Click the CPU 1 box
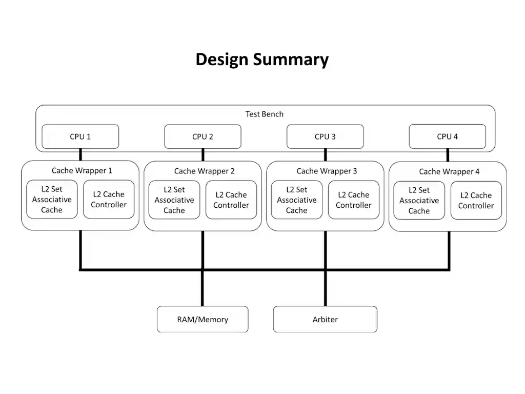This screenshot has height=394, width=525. coord(80,136)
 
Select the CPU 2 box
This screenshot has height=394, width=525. coord(203,136)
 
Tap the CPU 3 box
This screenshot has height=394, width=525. coord(325,136)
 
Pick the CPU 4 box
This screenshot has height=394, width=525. coord(447,136)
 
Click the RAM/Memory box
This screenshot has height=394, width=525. coord(203,319)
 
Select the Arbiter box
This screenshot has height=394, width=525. coord(325,319)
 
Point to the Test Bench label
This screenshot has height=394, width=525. coord(264,114)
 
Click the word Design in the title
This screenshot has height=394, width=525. coord(222,60)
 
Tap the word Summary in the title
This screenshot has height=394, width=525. coord(291,60)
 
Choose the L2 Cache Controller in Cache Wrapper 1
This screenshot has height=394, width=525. coord(109,200)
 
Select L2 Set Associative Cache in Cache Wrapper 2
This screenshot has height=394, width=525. coord(174,200)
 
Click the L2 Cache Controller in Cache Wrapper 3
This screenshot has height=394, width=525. coord(354,200)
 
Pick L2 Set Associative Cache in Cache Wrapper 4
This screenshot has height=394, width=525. coord(419,201)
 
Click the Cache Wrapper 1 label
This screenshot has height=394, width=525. coord(82,170)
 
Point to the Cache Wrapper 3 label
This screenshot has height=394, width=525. coord(327,171)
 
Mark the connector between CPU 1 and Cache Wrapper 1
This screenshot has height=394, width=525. coord(80,155)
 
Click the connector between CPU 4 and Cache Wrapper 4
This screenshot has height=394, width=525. coord(448,155)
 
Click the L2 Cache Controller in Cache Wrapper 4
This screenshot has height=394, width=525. coord(476,201)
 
